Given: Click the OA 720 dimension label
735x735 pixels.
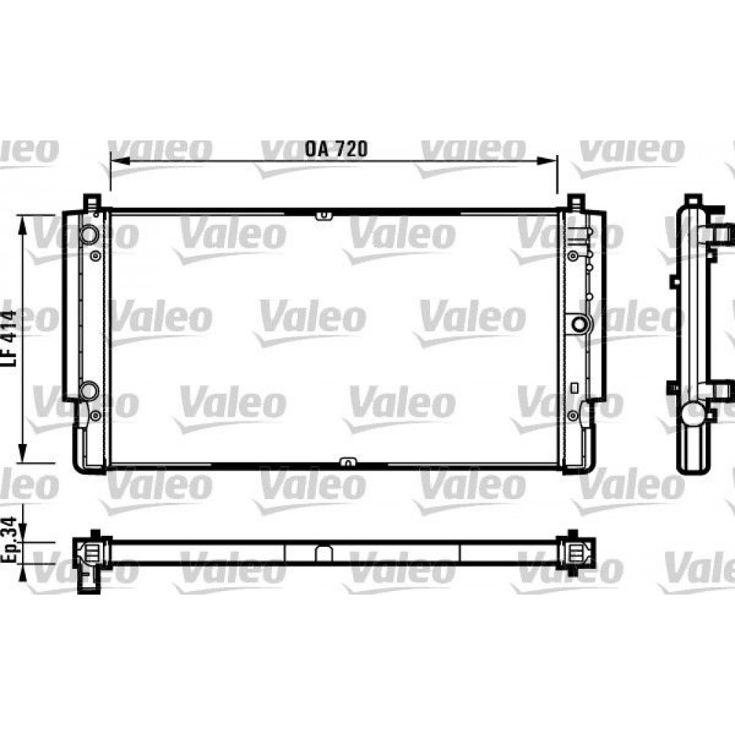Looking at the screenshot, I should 336,148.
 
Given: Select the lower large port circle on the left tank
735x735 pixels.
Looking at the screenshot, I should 88,390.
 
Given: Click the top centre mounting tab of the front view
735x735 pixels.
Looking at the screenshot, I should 323,215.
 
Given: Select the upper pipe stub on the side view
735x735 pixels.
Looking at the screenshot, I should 723,234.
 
